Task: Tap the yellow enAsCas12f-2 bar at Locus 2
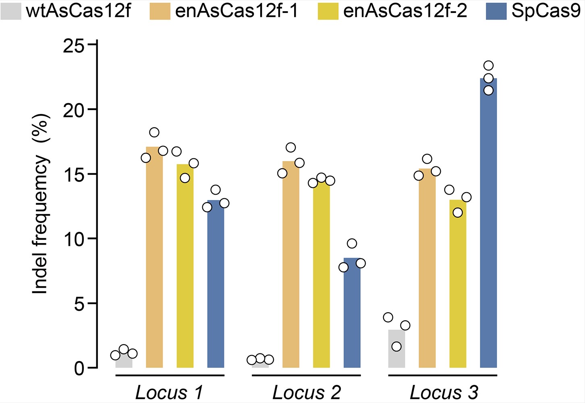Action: tap(321, 274)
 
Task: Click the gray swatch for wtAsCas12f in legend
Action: tap(11, 11)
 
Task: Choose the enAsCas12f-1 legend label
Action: tap(237, 11)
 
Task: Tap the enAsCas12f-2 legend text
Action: tap(405, 11)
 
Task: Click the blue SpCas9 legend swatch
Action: tap(496, 11)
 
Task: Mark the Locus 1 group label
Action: tap(169, 392)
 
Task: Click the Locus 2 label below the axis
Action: tap(306, 392)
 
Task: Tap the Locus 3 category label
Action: tap(444, 392)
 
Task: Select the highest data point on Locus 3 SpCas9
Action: tap(488, 66)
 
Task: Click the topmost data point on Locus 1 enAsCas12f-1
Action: tap(154, 132)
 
